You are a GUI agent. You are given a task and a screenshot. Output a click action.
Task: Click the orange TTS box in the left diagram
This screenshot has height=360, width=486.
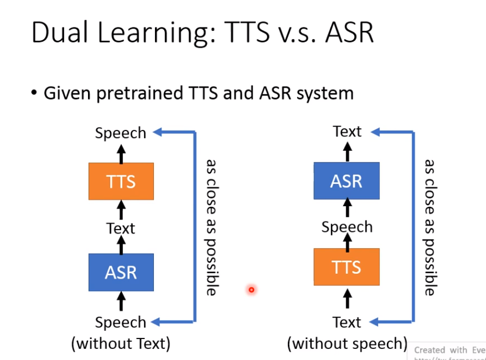(121, 181)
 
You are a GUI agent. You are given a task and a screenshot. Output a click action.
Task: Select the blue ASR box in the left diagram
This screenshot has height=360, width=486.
(121, 272)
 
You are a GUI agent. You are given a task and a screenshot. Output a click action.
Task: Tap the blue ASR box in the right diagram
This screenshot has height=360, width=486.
(346, 181)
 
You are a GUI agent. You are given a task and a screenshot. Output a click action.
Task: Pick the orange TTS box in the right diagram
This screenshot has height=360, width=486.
(346, 267)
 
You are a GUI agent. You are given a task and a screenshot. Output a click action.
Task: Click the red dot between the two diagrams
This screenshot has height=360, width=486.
(251, 290)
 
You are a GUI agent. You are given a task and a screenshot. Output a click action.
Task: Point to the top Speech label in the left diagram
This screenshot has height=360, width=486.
(121, 133)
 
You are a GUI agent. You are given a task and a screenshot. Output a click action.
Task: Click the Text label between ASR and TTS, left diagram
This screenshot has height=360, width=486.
(121, 228)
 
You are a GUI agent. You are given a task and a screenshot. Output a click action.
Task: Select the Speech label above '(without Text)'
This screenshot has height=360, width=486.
(121, 322)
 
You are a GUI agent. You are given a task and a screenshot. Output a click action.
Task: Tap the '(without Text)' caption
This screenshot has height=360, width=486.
(121, 344)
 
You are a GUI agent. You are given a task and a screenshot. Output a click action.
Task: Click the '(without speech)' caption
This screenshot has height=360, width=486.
(347, 344)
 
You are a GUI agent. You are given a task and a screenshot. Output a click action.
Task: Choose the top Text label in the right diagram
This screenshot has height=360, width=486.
(347, 132)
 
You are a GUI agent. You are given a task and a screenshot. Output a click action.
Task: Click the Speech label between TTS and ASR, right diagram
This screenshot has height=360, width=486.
(347, 227)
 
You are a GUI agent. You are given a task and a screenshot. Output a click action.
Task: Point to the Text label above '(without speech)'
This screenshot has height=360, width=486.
(347, 322)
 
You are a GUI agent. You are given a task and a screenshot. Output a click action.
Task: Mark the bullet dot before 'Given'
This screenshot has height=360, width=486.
(34, 93)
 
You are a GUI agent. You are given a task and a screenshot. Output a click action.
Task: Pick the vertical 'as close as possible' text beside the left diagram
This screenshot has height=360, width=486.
(211, 227)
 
